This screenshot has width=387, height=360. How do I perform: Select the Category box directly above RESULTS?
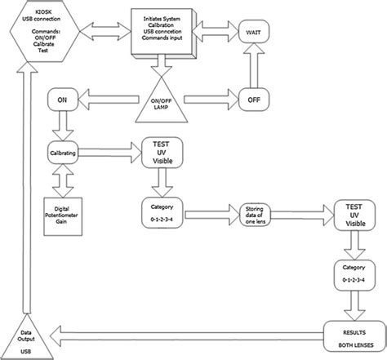(354, 274)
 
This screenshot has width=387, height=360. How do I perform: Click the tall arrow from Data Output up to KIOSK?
(30, 188)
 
